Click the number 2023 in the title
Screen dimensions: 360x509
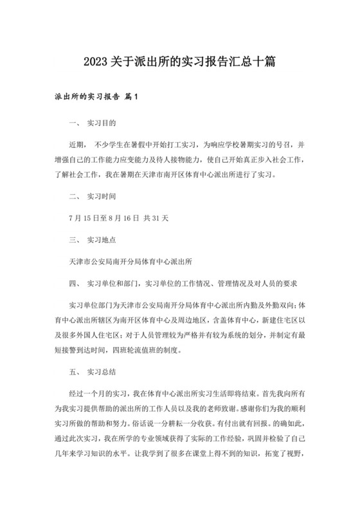(x=96, y=62)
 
